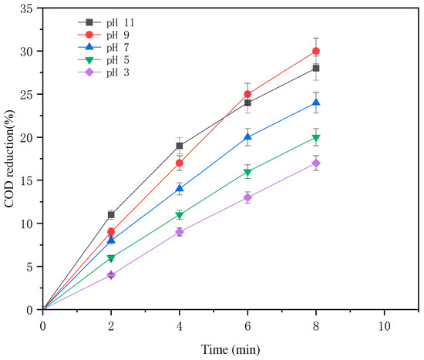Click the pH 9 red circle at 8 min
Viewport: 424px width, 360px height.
click(315, 51)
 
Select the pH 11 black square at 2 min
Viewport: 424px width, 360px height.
click(111, 214)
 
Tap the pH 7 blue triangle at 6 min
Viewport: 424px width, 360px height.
click(247, 137)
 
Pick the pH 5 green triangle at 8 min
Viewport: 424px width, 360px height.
click(315, 138)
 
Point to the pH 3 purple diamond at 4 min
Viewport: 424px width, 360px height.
click(179, 232)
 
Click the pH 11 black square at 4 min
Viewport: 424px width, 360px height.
click(179, 146)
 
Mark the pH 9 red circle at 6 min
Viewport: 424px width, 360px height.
click(247, 94)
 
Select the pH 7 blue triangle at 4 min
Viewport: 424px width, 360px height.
click(179, 189)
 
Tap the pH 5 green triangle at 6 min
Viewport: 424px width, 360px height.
click(247, 172)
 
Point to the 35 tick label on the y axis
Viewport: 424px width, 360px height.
click(28, 8)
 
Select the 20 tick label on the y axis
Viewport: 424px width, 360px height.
click(28, 137)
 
